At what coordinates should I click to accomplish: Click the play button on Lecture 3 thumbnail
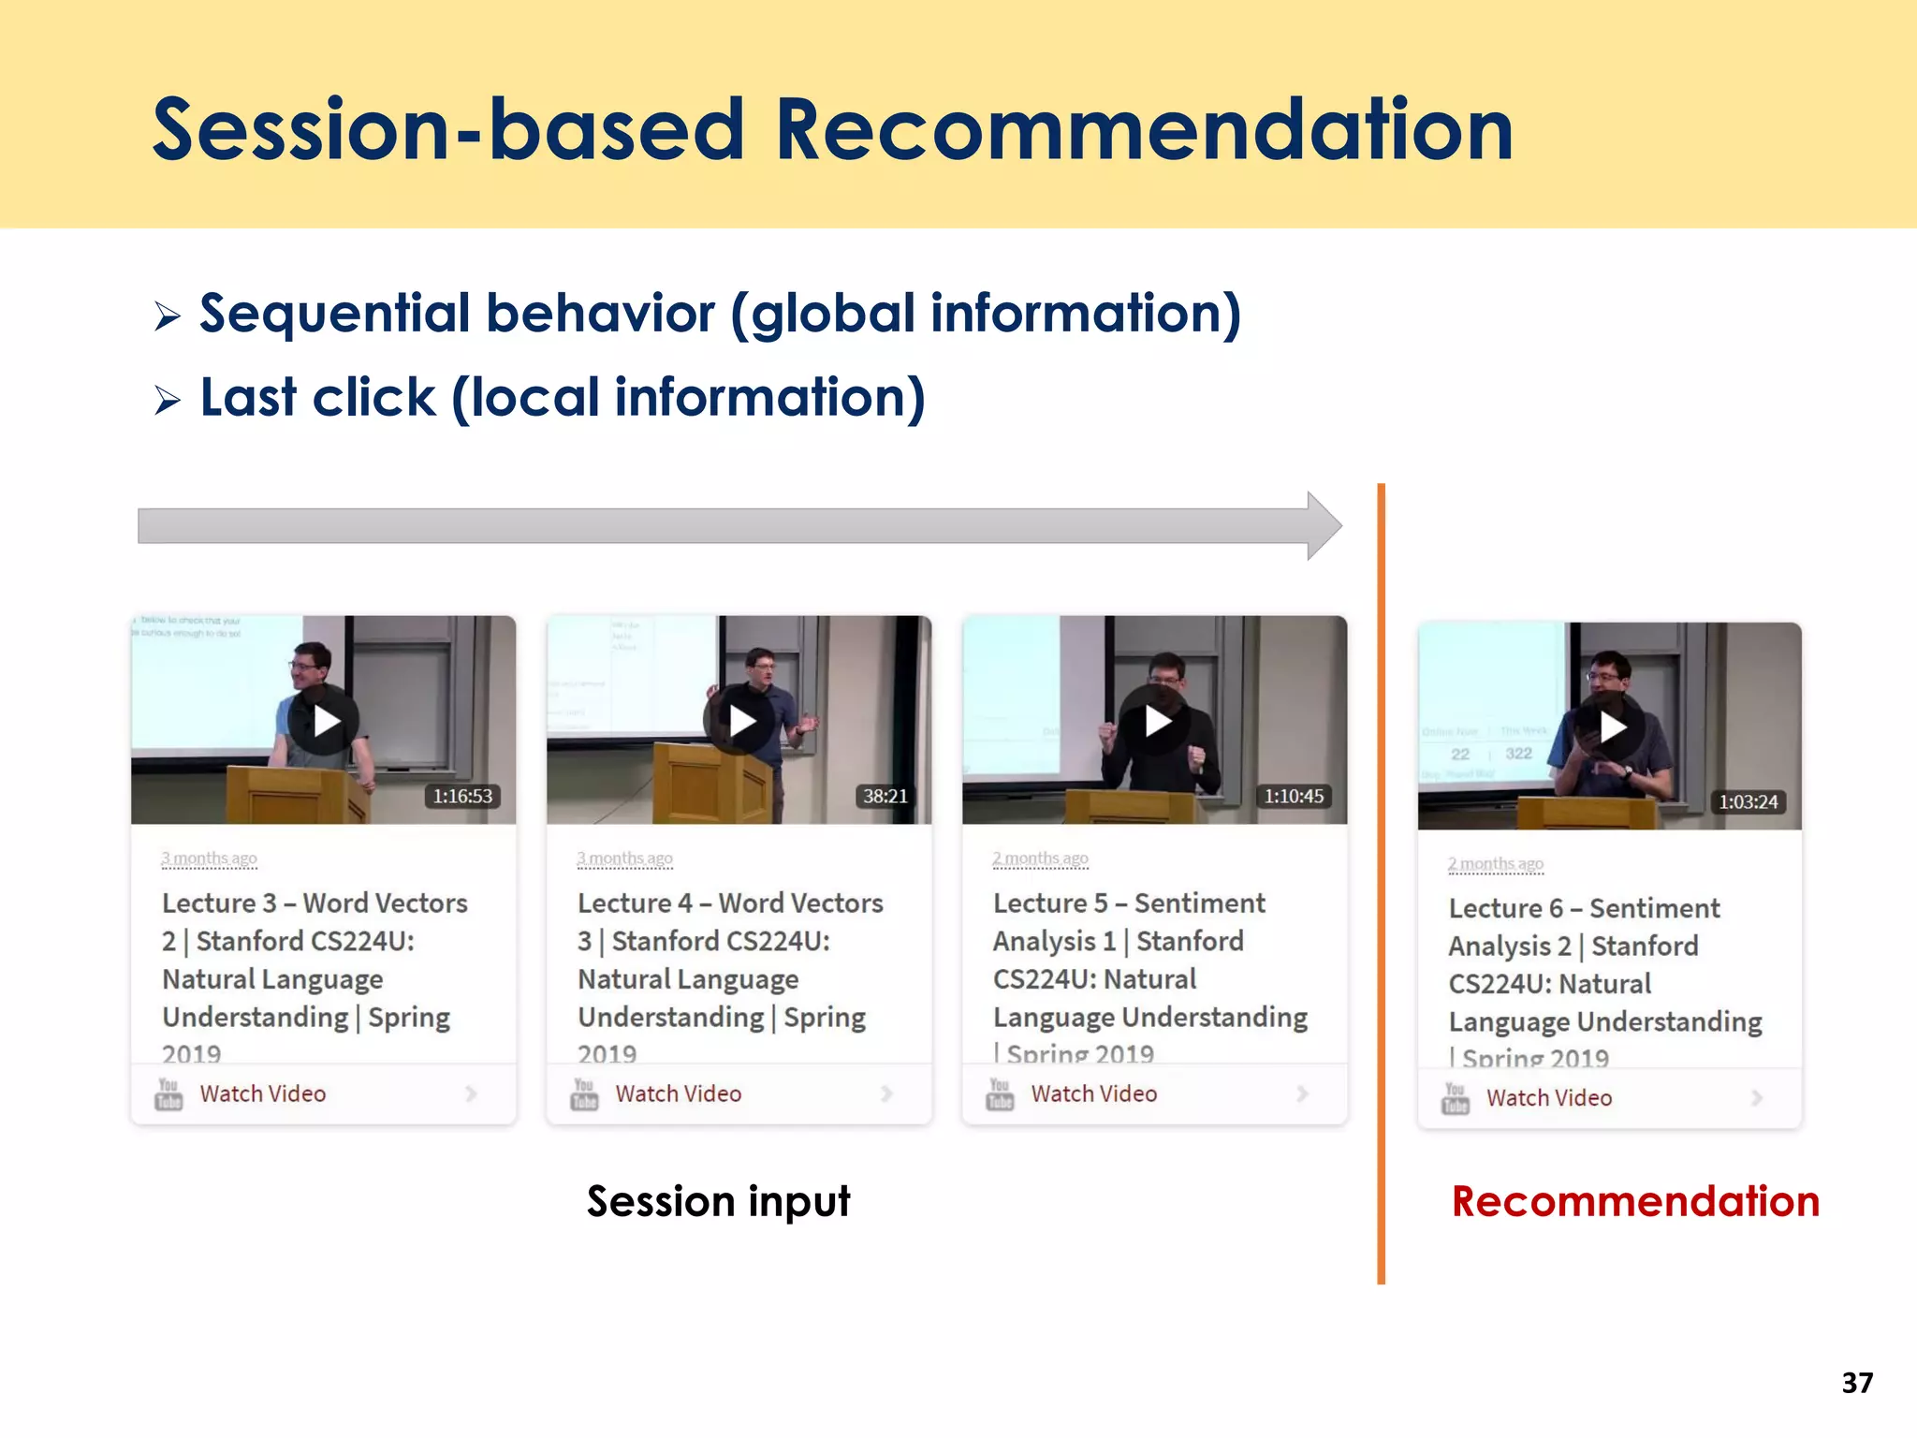point(324,721)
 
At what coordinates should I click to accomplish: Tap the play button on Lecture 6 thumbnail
point(1611,726)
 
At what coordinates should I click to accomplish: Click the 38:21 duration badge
point(885,796)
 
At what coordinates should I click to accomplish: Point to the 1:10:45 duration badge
point(1294,796)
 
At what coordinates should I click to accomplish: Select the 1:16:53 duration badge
point(462,796)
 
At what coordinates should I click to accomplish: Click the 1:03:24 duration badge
point(1748,801)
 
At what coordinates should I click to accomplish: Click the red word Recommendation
point(1634,1201)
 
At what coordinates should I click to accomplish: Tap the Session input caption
point(718,1201)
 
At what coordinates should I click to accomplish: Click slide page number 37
point(1857,1383)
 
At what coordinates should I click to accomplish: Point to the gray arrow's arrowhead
point(1324,526)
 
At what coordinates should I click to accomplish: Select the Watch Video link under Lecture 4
point(678,1093)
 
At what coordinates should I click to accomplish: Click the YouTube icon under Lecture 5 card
point(1000,1093)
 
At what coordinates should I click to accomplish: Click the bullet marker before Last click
point(168,401)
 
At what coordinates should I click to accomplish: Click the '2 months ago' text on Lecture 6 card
point(1495,863)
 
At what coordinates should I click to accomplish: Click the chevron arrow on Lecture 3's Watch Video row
point(471,1093)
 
